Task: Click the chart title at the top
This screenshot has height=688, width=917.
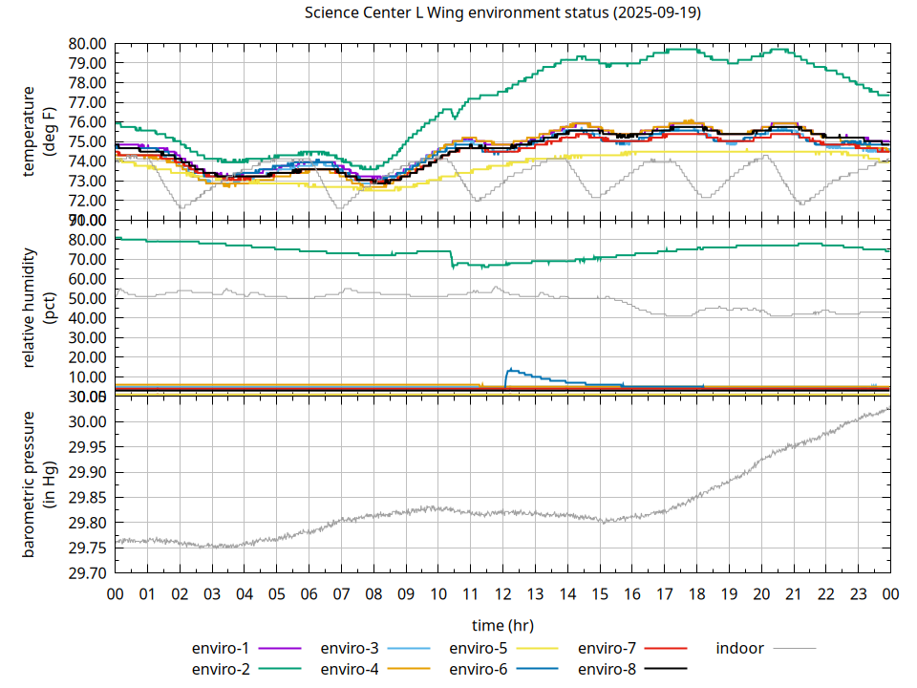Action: pyautogui.click(x=502, y=13)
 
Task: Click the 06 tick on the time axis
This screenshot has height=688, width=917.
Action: pyautogui.click(x=309, y=593)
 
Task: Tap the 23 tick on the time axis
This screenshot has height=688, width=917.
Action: pyautogui.click(x=858, y=593)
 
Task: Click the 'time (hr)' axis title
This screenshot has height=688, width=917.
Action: pyautogui.click(x=502, y=625)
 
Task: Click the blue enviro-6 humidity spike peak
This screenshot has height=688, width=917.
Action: pyautogui.click(x=510, y=369)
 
